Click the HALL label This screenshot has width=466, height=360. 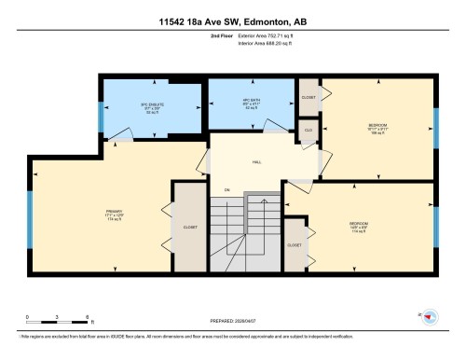click(x=256, y=161)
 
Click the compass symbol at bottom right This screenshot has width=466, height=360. click(x=430, y=316)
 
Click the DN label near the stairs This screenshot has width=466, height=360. click(x=226, y=190)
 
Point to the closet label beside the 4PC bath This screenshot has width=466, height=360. click(x=308, y=97)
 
